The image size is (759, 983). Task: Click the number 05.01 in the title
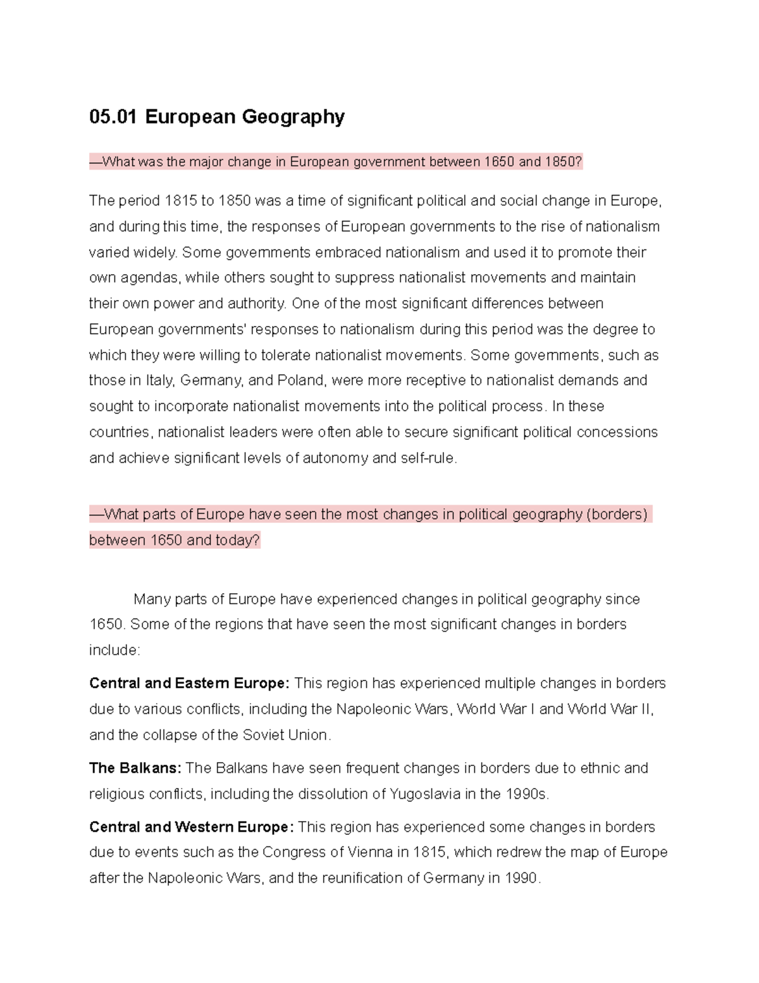coord(113,116)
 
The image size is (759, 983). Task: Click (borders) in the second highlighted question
coord(617,514)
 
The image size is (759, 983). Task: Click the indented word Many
coord(152,599)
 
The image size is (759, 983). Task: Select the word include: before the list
coord(114,650)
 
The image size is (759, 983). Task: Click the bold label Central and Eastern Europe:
coord(189,684)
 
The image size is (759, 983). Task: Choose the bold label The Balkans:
coord(135,768)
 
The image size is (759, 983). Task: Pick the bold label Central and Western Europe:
coord(191,827)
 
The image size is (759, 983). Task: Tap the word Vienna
coord(370,853)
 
